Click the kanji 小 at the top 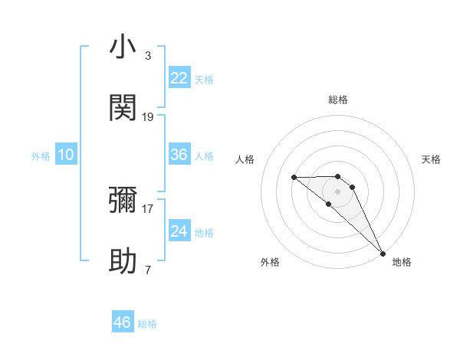click(x=123, y=47)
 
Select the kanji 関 click(x=123, y=108)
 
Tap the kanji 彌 click(x=123, y=200)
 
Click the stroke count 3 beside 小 click(x=147, y=56)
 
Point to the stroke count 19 click(x=148, y=117)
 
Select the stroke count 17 click(x=148, y=208)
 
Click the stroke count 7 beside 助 click(x=147, y=270)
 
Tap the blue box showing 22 click(x=179, y=77)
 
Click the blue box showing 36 click(x=179, y=155)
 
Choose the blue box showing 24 click(x=179, y=231)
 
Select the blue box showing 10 click(x=66, y=155)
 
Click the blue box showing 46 click(x=123, y=322)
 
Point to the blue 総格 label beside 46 click(x=147, y=324)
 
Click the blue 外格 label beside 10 click(x=41, y=156)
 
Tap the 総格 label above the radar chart click(x=338, y=100)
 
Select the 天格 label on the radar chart click(x=432, y=159)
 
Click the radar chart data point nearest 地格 click(x=383, y=254)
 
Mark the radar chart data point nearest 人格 click(x=294, y=178)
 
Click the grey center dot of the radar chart click(x=338, y=191)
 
